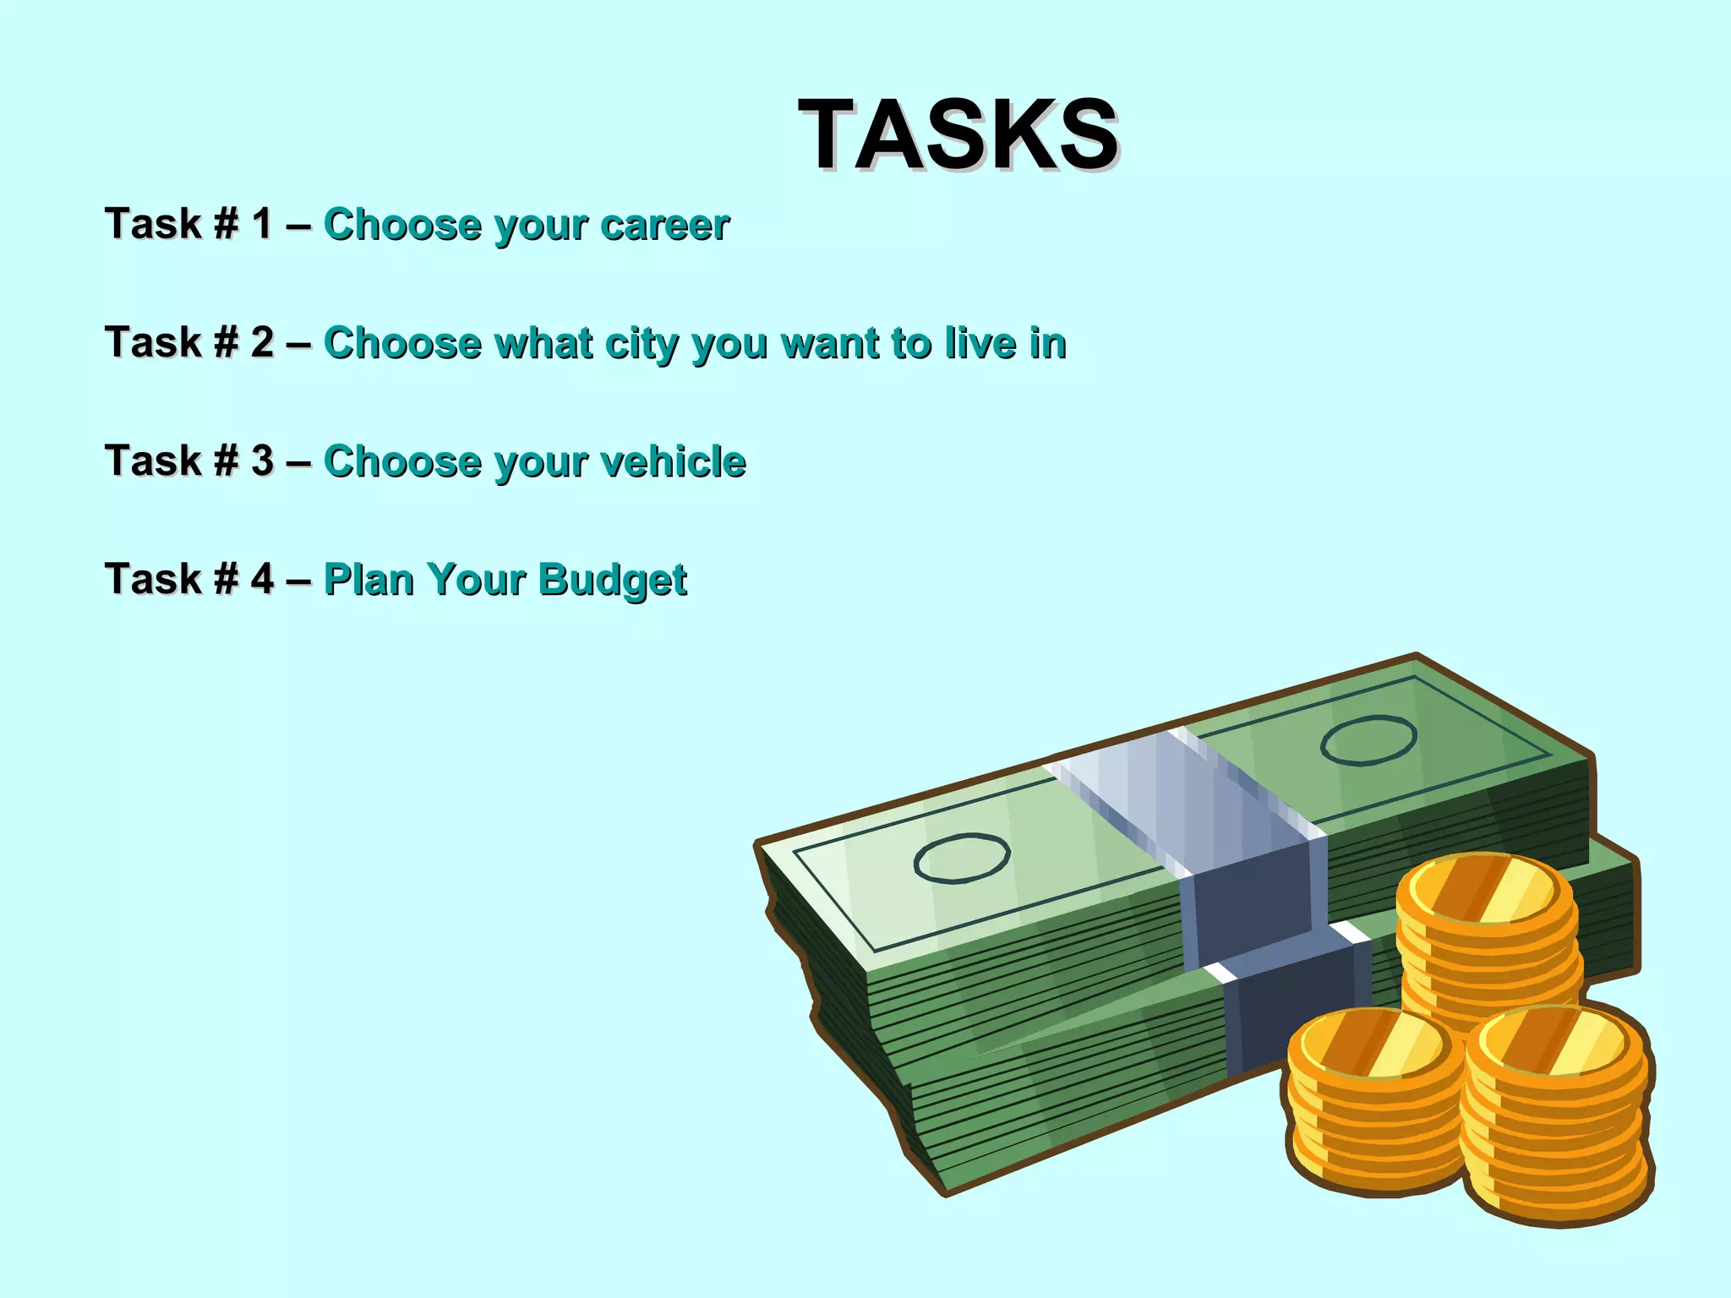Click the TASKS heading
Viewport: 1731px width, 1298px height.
click(958, 135)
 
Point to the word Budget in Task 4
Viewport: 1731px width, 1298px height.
click(613, 581)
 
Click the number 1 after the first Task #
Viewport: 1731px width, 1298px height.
click(262, 225)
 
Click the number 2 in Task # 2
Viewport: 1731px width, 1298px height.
click(262, 343)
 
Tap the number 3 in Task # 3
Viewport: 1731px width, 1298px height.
click(262, 461)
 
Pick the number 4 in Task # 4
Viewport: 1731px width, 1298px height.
click(262, 580)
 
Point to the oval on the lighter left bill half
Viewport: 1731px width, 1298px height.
click(962, 858)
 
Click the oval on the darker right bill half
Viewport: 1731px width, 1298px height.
click(1368, 740)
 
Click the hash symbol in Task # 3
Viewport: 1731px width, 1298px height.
click(226, 461)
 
